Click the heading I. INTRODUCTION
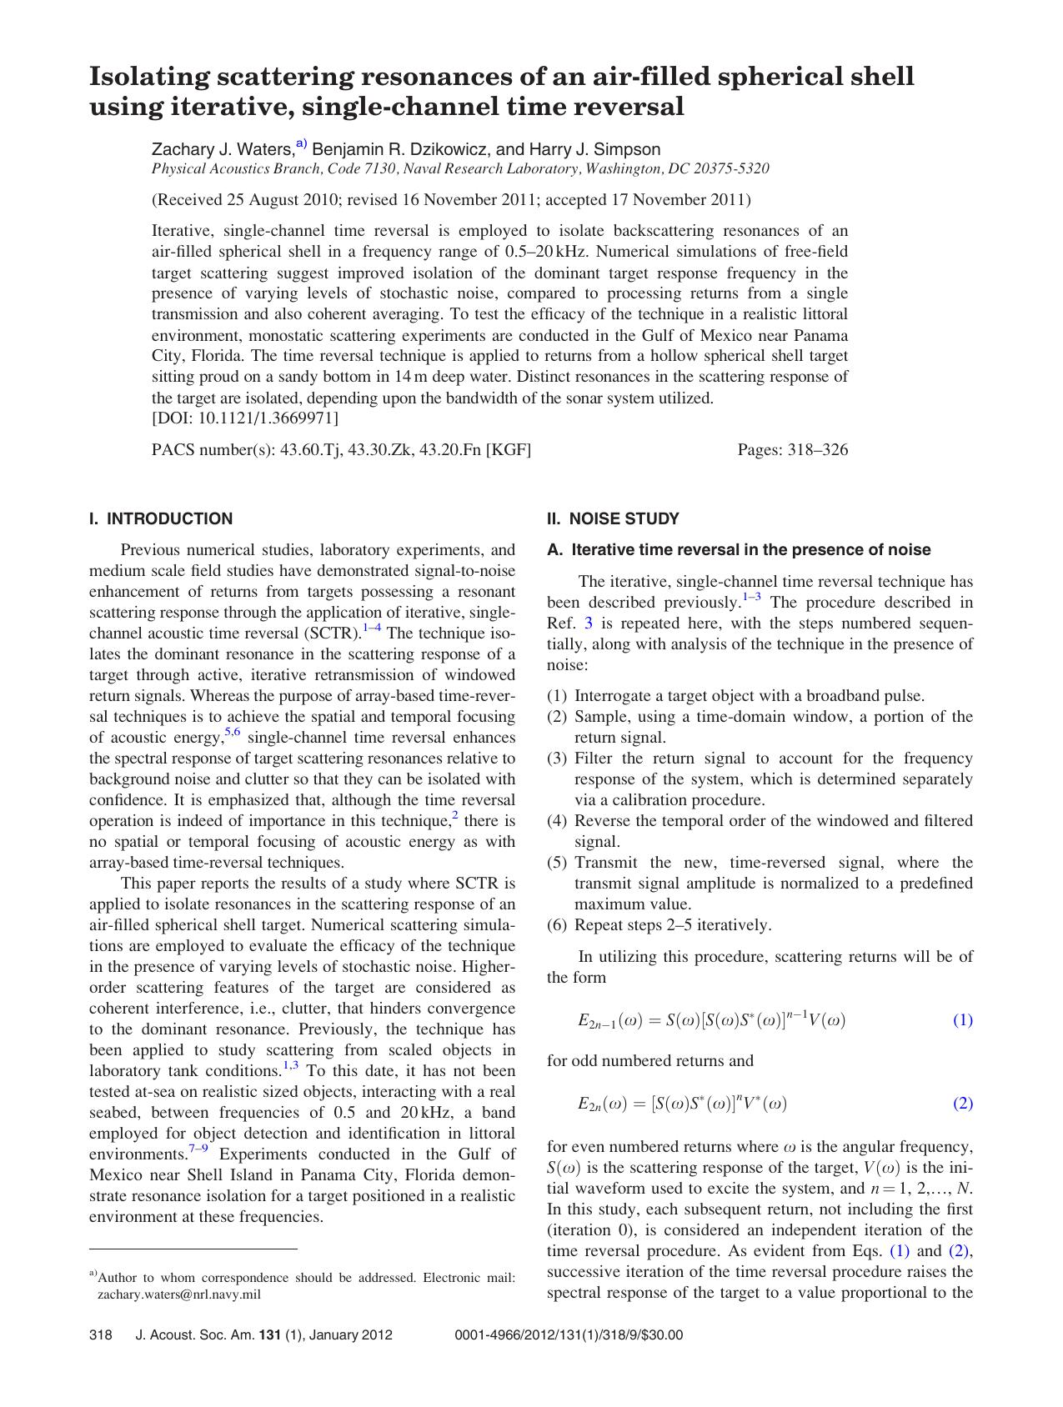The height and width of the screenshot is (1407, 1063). [x=161, y=518]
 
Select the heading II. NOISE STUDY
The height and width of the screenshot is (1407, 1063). [x=613, y=518]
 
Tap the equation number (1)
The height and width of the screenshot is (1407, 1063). [x=962, y=1019]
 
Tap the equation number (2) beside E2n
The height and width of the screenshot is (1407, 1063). [x=962, y=1103]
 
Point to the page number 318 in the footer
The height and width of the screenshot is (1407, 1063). [x=100, y=1335]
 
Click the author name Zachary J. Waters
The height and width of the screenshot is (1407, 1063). [x=222, y=149]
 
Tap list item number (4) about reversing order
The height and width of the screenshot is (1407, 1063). [x=557, y=821]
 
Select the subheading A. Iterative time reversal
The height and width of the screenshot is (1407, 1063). [x=738, y=549]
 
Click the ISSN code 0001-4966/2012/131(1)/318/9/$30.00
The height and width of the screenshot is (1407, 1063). [x=569, y=1335]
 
